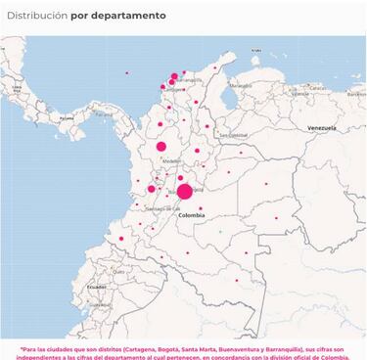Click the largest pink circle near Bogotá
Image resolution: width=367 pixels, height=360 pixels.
coord(184,191)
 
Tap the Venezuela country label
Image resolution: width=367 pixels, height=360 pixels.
coord(321,128)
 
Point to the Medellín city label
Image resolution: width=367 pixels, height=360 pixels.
coord(172,160)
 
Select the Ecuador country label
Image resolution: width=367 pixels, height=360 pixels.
coord(95,287)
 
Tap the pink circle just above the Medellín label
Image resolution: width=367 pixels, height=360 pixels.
coord(161,147)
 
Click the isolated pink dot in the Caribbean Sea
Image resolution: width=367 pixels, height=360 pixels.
coord(126,73)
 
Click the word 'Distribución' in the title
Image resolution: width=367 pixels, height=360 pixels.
coord(38,17)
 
